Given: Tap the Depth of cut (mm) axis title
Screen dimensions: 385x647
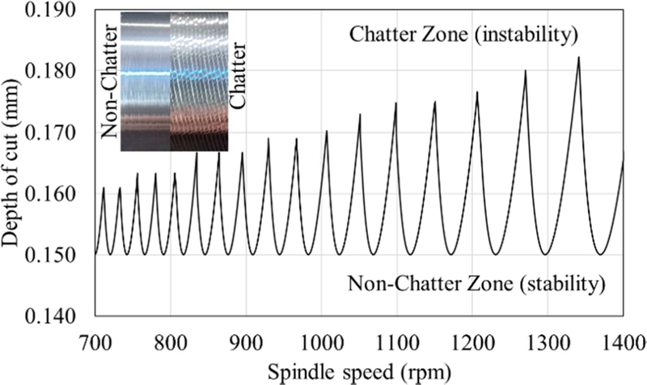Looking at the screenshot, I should pos(18,162).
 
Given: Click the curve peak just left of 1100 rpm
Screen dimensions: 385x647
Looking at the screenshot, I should pos(395,103).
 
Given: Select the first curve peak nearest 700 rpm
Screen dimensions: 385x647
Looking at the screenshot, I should pos(104,188).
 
